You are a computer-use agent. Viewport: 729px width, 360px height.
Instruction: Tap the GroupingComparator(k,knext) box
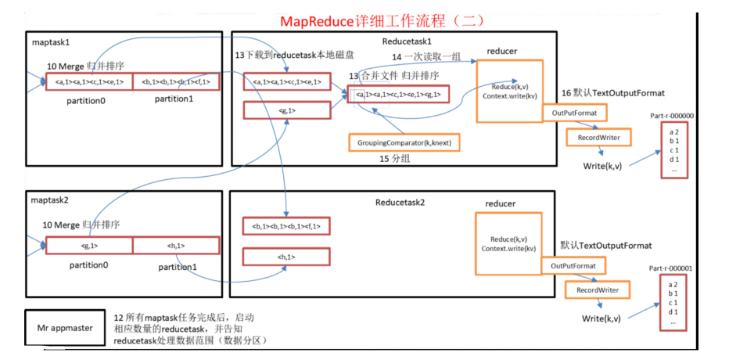pyautogui.click(x=403, y=142)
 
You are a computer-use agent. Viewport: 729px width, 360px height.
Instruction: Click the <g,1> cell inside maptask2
pyautogui.click(x=88, y=245)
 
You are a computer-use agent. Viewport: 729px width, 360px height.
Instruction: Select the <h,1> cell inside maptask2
pyautogui.click(x=175, y=245)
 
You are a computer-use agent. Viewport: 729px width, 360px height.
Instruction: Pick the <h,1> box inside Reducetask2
pyautogui.click(x=285, y=256)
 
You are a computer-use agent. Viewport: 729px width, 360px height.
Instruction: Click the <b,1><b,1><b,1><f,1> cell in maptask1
pyautogui.click(x=175, y=81)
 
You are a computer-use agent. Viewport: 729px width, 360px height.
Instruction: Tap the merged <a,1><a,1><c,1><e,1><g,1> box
pyautogui.click(x=398, y=95)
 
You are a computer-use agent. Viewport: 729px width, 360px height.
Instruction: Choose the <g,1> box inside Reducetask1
pyautogui.click(x=285, y=110)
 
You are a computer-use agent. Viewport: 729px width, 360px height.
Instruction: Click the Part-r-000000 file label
pyautogui.click(x=671, y=115)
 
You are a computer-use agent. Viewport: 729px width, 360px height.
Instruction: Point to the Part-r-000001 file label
pyautogui.click(x=671, y=268)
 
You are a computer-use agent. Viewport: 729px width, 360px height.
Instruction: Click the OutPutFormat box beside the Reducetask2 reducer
pyautogui.click(x=574, y=265)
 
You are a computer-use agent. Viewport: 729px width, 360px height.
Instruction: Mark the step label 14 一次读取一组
pyautogui.click(x=427, y=58)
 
